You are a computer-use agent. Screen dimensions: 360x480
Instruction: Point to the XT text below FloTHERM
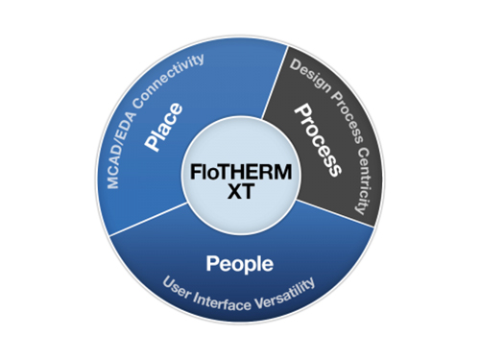pyautogui.click(x=241, y=195)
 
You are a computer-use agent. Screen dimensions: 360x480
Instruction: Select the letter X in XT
pyautogui.click(x=232, y=195)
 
